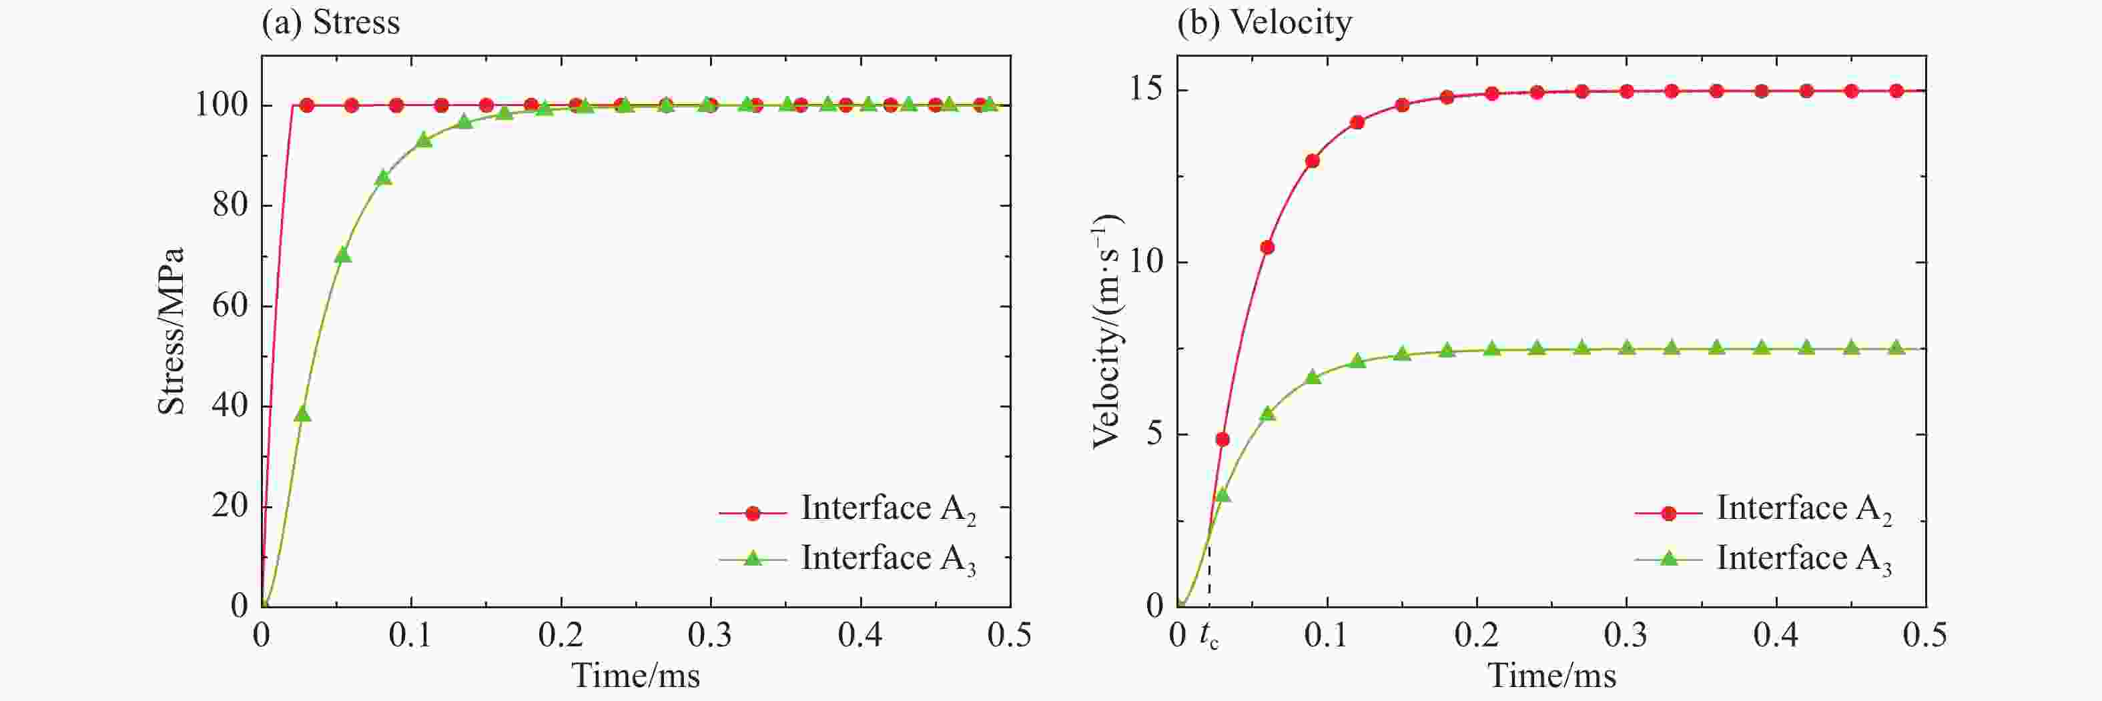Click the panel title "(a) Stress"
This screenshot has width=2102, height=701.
330,22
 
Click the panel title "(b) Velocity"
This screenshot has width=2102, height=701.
1264,22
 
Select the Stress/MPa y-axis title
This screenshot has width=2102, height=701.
171,331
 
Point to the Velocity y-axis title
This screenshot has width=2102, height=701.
1107,331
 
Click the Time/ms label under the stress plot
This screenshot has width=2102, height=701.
636,676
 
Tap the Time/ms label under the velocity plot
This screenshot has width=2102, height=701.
1551,676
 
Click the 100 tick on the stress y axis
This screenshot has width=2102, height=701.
221,105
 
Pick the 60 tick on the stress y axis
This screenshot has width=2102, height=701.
230,305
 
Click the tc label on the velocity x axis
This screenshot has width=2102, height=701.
1209,636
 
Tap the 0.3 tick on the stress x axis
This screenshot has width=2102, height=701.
710,635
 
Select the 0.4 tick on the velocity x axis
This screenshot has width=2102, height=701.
1776,635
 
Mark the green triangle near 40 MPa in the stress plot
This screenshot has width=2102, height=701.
303,414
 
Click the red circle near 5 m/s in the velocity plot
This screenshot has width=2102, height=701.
1222,439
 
